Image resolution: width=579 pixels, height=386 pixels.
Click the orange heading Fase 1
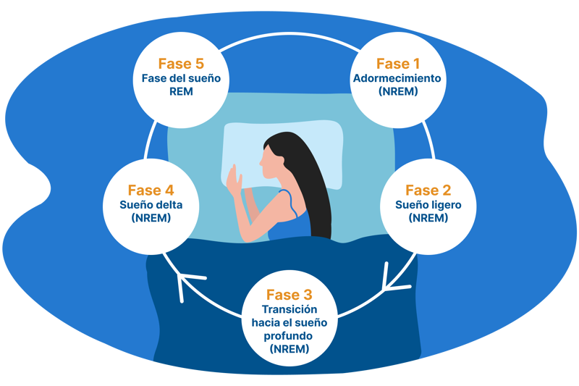[398, 64]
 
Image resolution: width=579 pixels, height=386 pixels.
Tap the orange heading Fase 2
[428, 190]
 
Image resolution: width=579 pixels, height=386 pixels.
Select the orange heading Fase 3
[289, 295]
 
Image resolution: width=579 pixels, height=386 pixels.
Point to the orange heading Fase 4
[151, 190]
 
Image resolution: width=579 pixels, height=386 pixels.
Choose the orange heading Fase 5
[181, 64]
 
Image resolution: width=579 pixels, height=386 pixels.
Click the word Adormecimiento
[397, 78]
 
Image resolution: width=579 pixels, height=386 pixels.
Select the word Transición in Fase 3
[289, 309]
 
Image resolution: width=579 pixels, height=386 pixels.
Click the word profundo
[288, 336]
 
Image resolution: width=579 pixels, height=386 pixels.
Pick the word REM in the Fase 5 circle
[181, 91]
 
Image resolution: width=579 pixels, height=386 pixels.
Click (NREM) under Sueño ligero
[428, 218]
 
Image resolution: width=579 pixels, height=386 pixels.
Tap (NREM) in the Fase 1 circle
[398, 91]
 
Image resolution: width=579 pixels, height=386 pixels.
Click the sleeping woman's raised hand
[234, 181]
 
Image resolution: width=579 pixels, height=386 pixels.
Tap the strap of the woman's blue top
[290, 203]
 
